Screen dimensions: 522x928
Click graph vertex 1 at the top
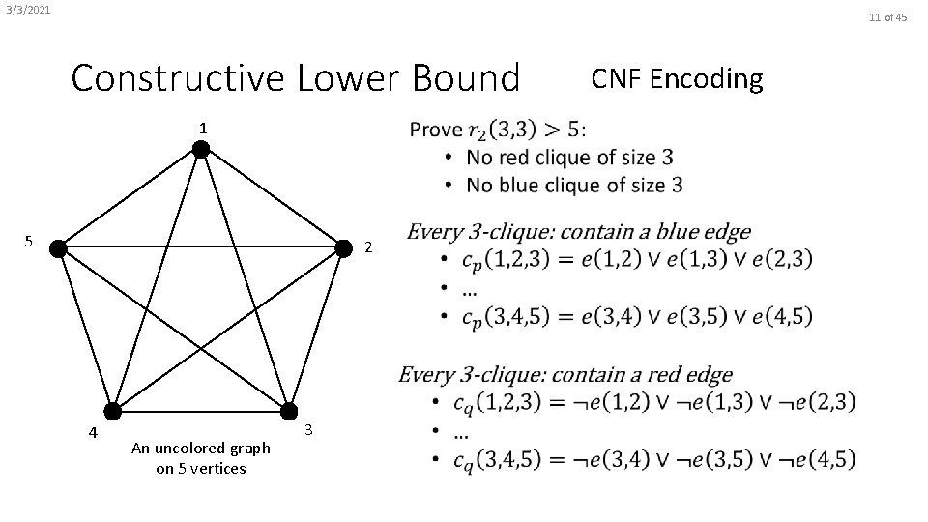pos(200,149)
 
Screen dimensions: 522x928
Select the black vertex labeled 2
pos(342,248)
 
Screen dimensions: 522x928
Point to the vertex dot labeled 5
pos(58,248)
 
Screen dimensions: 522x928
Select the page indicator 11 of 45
pos(887,16)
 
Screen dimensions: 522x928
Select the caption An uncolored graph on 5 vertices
pos(201,458)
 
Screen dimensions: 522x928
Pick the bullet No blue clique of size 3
pos(574,184)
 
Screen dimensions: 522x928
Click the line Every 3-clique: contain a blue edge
pos(578,232)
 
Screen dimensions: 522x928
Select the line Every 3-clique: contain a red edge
pos(565,374)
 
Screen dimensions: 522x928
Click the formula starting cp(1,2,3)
pos(637,259)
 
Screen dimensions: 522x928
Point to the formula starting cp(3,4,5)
pos(637,315)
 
